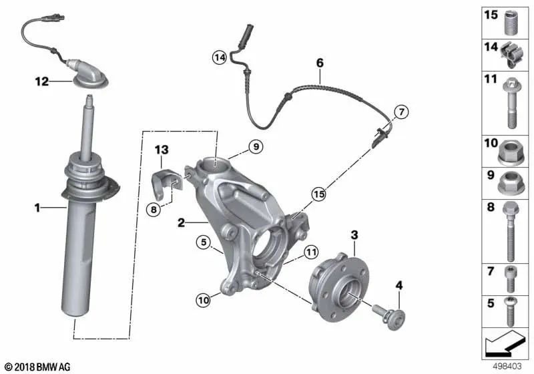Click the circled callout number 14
pyautogui.click(x=220, y=57)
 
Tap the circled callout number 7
pyautogui.click(x=402, y=112)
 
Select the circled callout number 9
pyautogui.click(x=256, y=146)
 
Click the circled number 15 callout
pyautogui.click(x=319, y=194)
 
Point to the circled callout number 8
pyautogui.click(x=154, y=209)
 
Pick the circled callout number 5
pyautogui.click(x=204, y=242)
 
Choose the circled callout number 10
pyautogui.click(x=204, y=300)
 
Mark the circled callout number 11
pyautogui.click(x=310, y=252)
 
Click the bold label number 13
pyautogui.click(x=162, y=150)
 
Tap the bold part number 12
pyautogui.click(x=41, y=81)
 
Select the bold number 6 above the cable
pyautogui.click(x=320, y=63)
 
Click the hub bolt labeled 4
pyautogui.click(x=388, y=316)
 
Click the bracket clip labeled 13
pyautogui.click(x=166, y=182)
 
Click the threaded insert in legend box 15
pyautogui.click(x=510, y=23)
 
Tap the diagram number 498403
pyautogui.click(x=507, y=367)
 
